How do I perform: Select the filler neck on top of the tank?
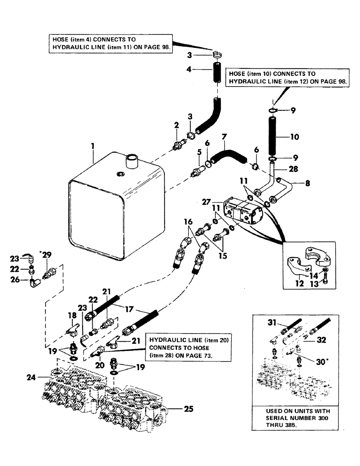pyautogui.click(x=132, y=163)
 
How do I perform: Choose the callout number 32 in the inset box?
pyautogui.click(x=321, y=341)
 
